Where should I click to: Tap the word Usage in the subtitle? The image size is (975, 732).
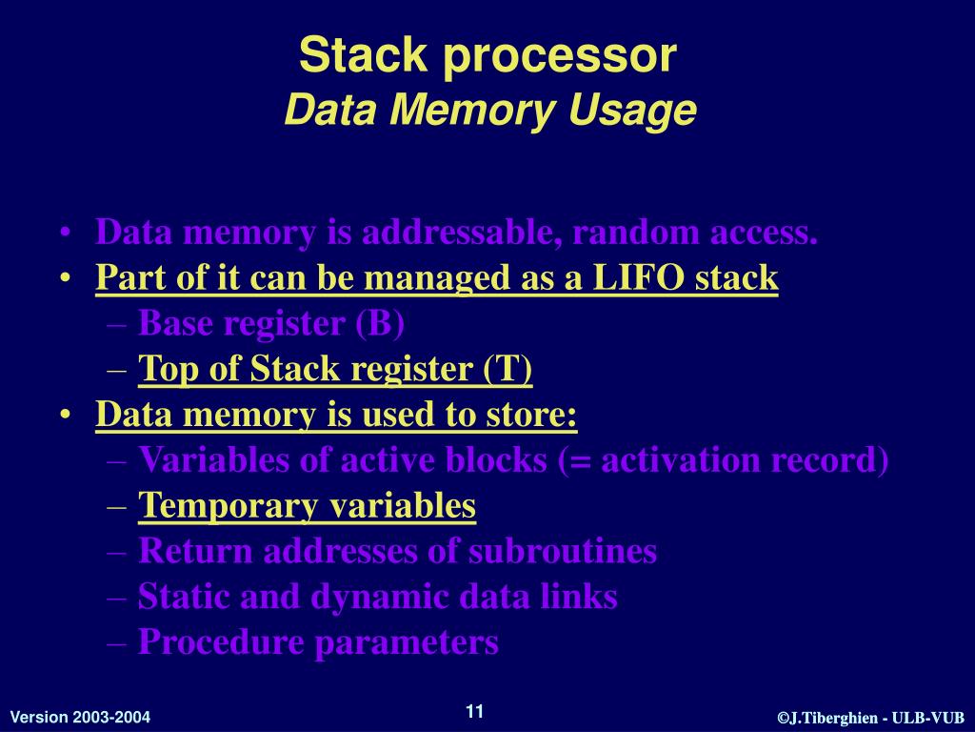633,112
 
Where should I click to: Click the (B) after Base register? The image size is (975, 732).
380,324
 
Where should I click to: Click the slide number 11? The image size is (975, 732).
475,711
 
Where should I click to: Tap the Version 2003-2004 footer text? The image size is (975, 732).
80,717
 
